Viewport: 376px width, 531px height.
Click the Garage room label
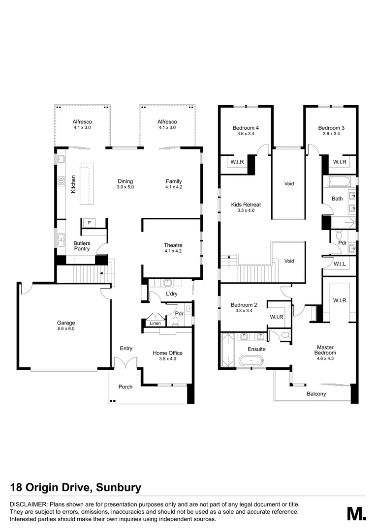[65, 323]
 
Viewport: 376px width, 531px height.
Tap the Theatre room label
[173, 245]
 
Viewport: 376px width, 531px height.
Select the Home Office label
[167, 353]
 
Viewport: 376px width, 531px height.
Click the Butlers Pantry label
[82, 246]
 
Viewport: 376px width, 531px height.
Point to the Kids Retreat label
[246, 204]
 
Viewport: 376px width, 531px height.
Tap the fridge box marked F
[89, 222]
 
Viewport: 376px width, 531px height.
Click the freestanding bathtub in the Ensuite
[251, 361]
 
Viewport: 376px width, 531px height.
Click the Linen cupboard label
[155, 323]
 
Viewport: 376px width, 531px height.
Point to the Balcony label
[316, 394]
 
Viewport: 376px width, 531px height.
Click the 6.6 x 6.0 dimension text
[65, 328]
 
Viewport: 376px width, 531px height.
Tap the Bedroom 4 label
[246, 128]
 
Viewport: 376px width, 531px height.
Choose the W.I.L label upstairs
[339, 264]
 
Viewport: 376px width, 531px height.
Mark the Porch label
[125, 386]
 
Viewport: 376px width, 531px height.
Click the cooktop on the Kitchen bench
[62, 181]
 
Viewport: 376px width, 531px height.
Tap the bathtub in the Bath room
[339, 182]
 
